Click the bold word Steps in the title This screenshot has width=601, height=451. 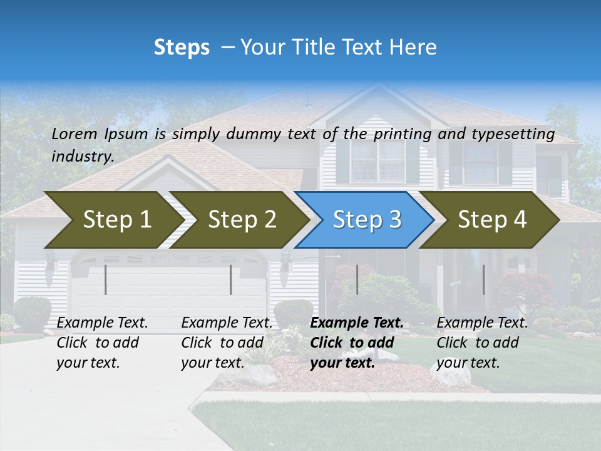point(182,48)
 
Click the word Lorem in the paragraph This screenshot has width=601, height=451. point(74,133)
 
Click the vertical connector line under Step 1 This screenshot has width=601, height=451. point(106,279)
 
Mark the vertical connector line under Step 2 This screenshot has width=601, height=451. point(231,279)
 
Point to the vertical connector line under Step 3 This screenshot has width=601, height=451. point(357,279)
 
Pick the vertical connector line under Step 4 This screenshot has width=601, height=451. point(483,279)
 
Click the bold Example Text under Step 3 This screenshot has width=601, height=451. point(357,323)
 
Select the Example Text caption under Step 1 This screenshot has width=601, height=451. point(103,323)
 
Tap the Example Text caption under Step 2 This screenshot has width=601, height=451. point(227,323)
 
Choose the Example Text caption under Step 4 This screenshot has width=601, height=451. point(482,323)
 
